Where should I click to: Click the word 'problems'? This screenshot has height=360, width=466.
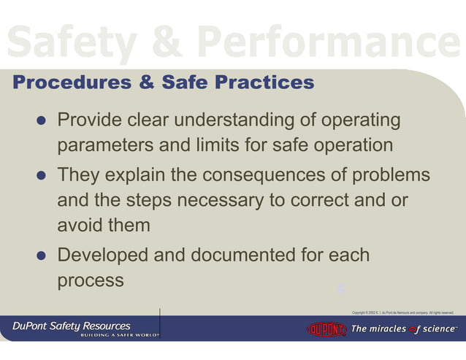click(x=391, y=176)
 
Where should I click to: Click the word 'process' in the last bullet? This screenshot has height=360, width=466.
click(x=91, y=281)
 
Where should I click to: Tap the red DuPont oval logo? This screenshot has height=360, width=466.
click(x=326, y=329)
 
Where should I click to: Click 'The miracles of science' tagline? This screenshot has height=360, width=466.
click(x=404, y=329)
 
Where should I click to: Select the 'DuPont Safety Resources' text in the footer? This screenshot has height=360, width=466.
click(x=71, y=326)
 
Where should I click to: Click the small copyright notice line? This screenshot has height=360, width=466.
click(x=402, y=313)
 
